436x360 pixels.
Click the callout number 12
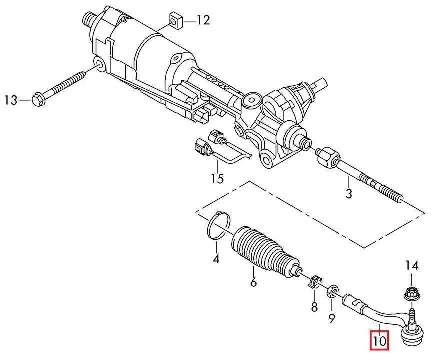click(203, 20)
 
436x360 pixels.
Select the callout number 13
click(11, 100)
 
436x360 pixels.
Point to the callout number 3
click(348, 193)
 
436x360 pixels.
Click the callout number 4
click(216, 259)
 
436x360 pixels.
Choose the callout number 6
click(253, 282)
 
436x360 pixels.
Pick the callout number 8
click(314, 307)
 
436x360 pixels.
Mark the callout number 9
click(332, 318)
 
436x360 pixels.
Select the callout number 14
click(412, 266)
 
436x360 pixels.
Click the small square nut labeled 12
click(175, 21)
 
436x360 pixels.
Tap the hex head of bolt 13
click(39, 100)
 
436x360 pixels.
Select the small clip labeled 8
click(314, 282)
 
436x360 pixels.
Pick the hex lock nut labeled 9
click(331, 291)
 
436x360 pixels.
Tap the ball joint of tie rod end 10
click(411, 333)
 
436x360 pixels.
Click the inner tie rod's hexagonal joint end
click(328, 158)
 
